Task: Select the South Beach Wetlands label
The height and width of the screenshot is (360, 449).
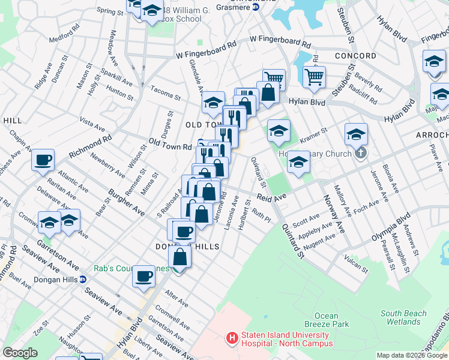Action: pyautogui.click(x=403, y=317)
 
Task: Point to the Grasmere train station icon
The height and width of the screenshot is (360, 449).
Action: pyautogui.click(x=255, y=7)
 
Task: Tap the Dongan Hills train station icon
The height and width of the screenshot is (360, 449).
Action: pyautogui.click(x=83, y=279)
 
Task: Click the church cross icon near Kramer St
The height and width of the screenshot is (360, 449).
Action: pyautogui.click(x=360, y=154)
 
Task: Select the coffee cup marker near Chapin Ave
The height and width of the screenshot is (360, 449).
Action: pyautogui.click(x=43, y=160)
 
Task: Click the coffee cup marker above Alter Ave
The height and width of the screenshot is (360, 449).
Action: pyautogui.click(x=143, y=277)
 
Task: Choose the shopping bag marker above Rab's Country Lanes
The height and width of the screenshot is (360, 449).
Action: pyautogui.click(x=179, y=257)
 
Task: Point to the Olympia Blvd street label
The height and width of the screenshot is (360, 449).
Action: pyautogui.click(x=390, y=226)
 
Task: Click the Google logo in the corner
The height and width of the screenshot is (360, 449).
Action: pyautogui.click(x=20, y=353)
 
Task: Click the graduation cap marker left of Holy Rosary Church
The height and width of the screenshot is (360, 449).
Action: pyautogui.click(x=279, y=131)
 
